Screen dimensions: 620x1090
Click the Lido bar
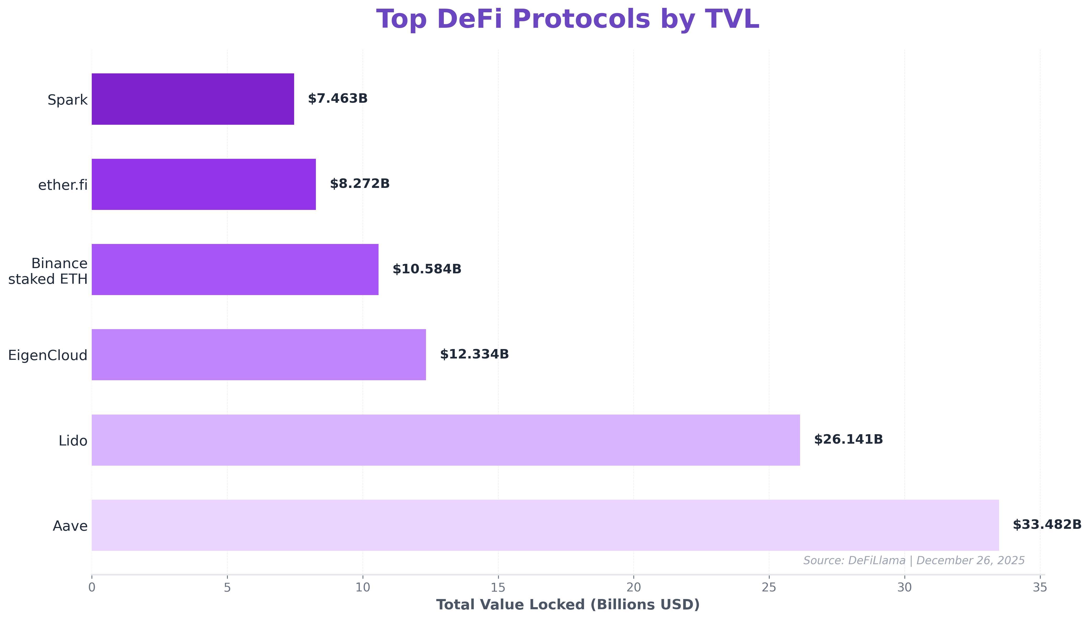(446, 440)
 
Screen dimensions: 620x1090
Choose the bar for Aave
(545, 525)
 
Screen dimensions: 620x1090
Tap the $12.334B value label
(474, 354)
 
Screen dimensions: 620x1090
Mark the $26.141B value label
(848, 439)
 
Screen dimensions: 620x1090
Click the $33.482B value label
(1046, 525)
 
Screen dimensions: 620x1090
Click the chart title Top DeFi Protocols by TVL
(567, 20)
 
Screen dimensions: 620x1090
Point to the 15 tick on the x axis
(498, 588)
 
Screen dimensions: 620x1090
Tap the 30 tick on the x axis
(904, 588)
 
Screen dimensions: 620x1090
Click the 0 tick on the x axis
(91, 588)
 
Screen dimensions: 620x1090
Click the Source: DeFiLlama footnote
(914, 560)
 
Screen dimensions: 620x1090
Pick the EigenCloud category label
(48, 355)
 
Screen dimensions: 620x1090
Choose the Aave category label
(70, 526)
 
